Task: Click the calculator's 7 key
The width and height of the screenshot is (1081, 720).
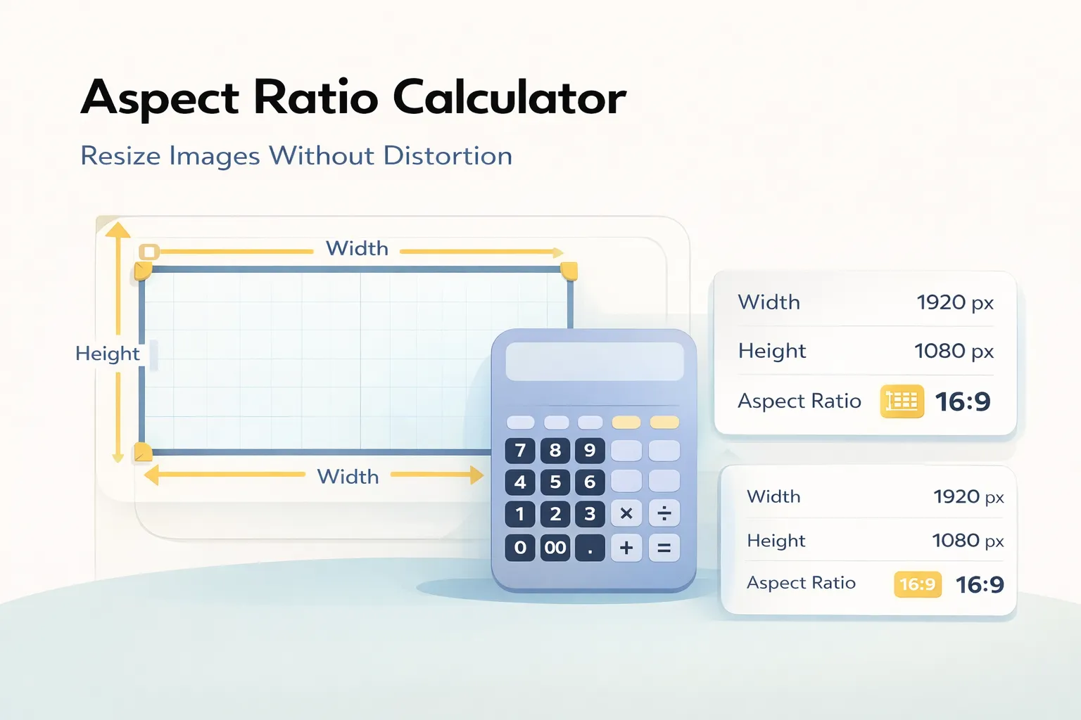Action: (x=520, y=450)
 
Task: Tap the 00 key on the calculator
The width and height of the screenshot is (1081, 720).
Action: (x=555, y=547)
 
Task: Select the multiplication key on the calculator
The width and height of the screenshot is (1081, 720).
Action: (x=626, y=514)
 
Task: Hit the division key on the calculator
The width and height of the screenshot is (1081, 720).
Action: (x=664, y=514)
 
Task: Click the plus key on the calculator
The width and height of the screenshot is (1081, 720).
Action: (x=626, y=547)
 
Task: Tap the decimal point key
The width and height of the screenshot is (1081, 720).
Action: (x=590, y=547)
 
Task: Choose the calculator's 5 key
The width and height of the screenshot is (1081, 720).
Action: (x=555, y=482)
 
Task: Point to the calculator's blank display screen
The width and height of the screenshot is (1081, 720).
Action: (x=595, y=361)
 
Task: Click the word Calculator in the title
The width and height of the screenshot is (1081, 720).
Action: (x=509, y=97)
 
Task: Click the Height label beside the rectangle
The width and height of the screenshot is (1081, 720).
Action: (x=108, y=353)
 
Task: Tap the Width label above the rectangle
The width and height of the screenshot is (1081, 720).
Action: (x=357, y=249)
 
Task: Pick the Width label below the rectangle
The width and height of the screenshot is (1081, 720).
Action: (x=348, y=477)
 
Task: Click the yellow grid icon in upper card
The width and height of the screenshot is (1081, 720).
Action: (x=902, y=401)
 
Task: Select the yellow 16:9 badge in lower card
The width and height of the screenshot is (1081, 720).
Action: (x=918, y=584)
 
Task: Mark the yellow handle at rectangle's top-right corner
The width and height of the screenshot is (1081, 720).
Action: (x=569, y=271)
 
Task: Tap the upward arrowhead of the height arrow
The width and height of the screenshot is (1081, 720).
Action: (x=118, y=230)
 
